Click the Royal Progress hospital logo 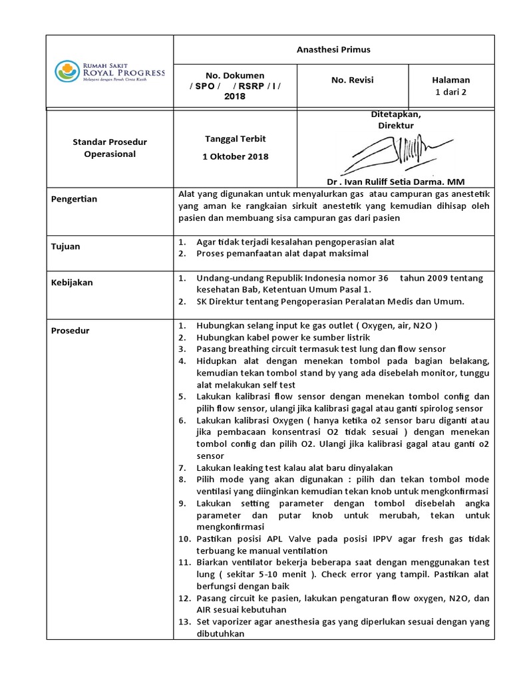(x=109, y=72)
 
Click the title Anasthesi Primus (x=333, y=49)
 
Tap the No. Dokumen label (x=236, y=76)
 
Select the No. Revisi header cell (x=353, y=80)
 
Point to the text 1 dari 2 (x=451, y=92)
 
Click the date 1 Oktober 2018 (x=236, y=156)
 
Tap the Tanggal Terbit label (x=236, y=138)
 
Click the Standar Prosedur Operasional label (x=109, y=148)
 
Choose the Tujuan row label (x=66, y=246)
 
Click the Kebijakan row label (x=72, y=282)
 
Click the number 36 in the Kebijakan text (x=382, y=278)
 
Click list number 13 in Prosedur (x=185, y=622)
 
